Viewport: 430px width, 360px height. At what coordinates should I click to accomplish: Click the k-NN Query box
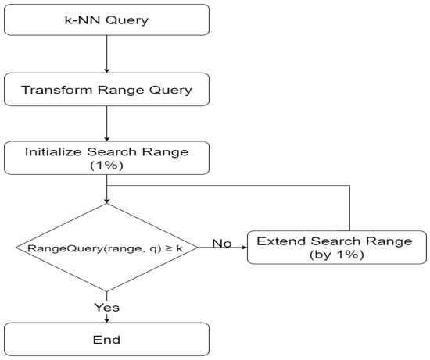[106, 19]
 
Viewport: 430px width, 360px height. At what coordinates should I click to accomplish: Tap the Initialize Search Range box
[106, 159]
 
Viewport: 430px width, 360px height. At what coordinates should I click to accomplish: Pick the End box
[106, 339]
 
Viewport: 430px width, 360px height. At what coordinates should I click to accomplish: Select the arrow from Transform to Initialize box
[106, 123]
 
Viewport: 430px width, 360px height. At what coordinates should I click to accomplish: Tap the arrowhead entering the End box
[106, 319]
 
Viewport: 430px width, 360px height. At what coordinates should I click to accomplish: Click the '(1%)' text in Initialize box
[106, 166]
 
